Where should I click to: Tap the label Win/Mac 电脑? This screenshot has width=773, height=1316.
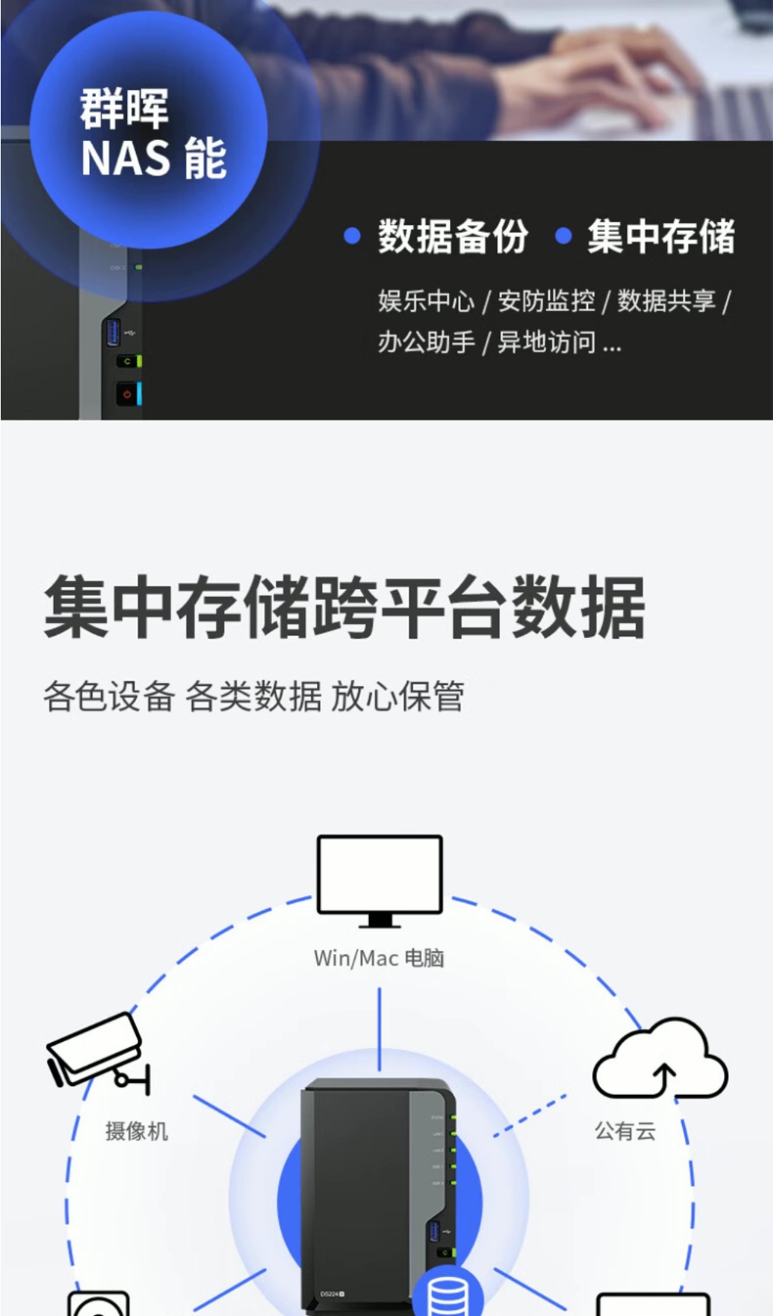[x=379, y=958]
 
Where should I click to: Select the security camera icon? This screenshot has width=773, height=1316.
[x=98, y=1052]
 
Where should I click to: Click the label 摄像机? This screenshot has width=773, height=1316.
[x=137, y=1132]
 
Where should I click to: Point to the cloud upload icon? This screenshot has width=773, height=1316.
[x=660, y=1060]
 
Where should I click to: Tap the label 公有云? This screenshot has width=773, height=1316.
[x=625, y=1132]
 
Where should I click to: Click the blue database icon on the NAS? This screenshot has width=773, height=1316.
[x=447, y=1293]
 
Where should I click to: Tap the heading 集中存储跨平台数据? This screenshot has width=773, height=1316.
[x=344, y=609]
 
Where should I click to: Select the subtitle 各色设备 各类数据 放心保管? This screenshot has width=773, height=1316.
[x=253, y=698]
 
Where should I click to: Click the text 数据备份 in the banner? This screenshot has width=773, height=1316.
[x=453, y=237]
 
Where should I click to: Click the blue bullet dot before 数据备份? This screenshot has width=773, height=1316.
[x=353, y=237]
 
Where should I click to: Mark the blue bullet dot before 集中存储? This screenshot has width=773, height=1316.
[x=563, y=237]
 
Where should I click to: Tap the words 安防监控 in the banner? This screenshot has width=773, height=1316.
[x=547, y=301]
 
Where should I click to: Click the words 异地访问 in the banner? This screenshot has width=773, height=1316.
[x=547, y=342]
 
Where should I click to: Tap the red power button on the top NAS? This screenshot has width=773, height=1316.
[x=126, y=393]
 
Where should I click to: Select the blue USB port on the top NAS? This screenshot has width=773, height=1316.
[x=113, y=332]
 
